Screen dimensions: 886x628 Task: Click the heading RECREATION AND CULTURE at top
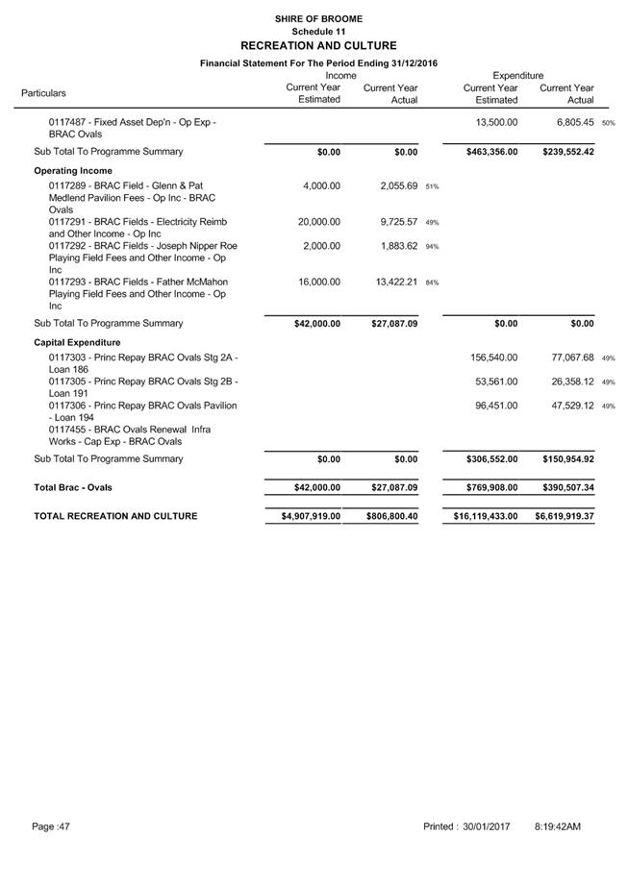[317, 45]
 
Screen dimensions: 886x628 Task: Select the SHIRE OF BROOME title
[317, 19]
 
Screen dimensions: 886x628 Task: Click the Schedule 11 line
[317, 32]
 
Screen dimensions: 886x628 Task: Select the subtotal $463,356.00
[488, 152]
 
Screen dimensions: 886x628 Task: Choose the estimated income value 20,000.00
[319, 222]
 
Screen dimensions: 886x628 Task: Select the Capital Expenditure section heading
[77, 342]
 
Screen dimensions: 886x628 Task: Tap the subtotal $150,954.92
[565, 459]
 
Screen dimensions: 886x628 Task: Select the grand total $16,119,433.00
[485, 516]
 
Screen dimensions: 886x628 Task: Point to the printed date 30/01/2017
[486, 826]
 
